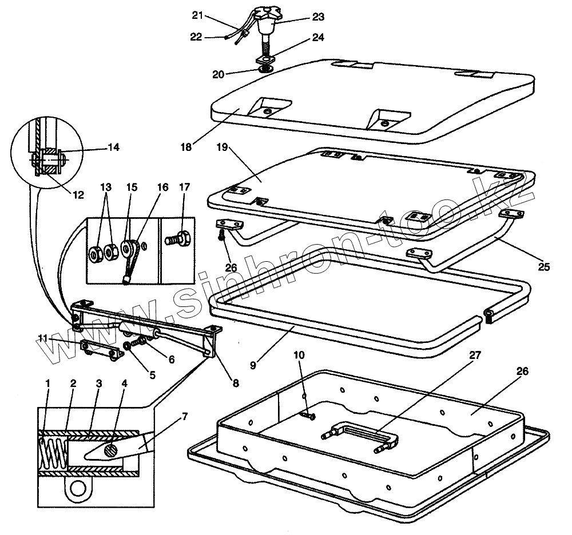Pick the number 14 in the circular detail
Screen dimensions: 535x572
pos(113,147)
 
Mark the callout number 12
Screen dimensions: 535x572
pos(78,195)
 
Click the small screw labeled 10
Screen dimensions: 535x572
pos(308,417)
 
